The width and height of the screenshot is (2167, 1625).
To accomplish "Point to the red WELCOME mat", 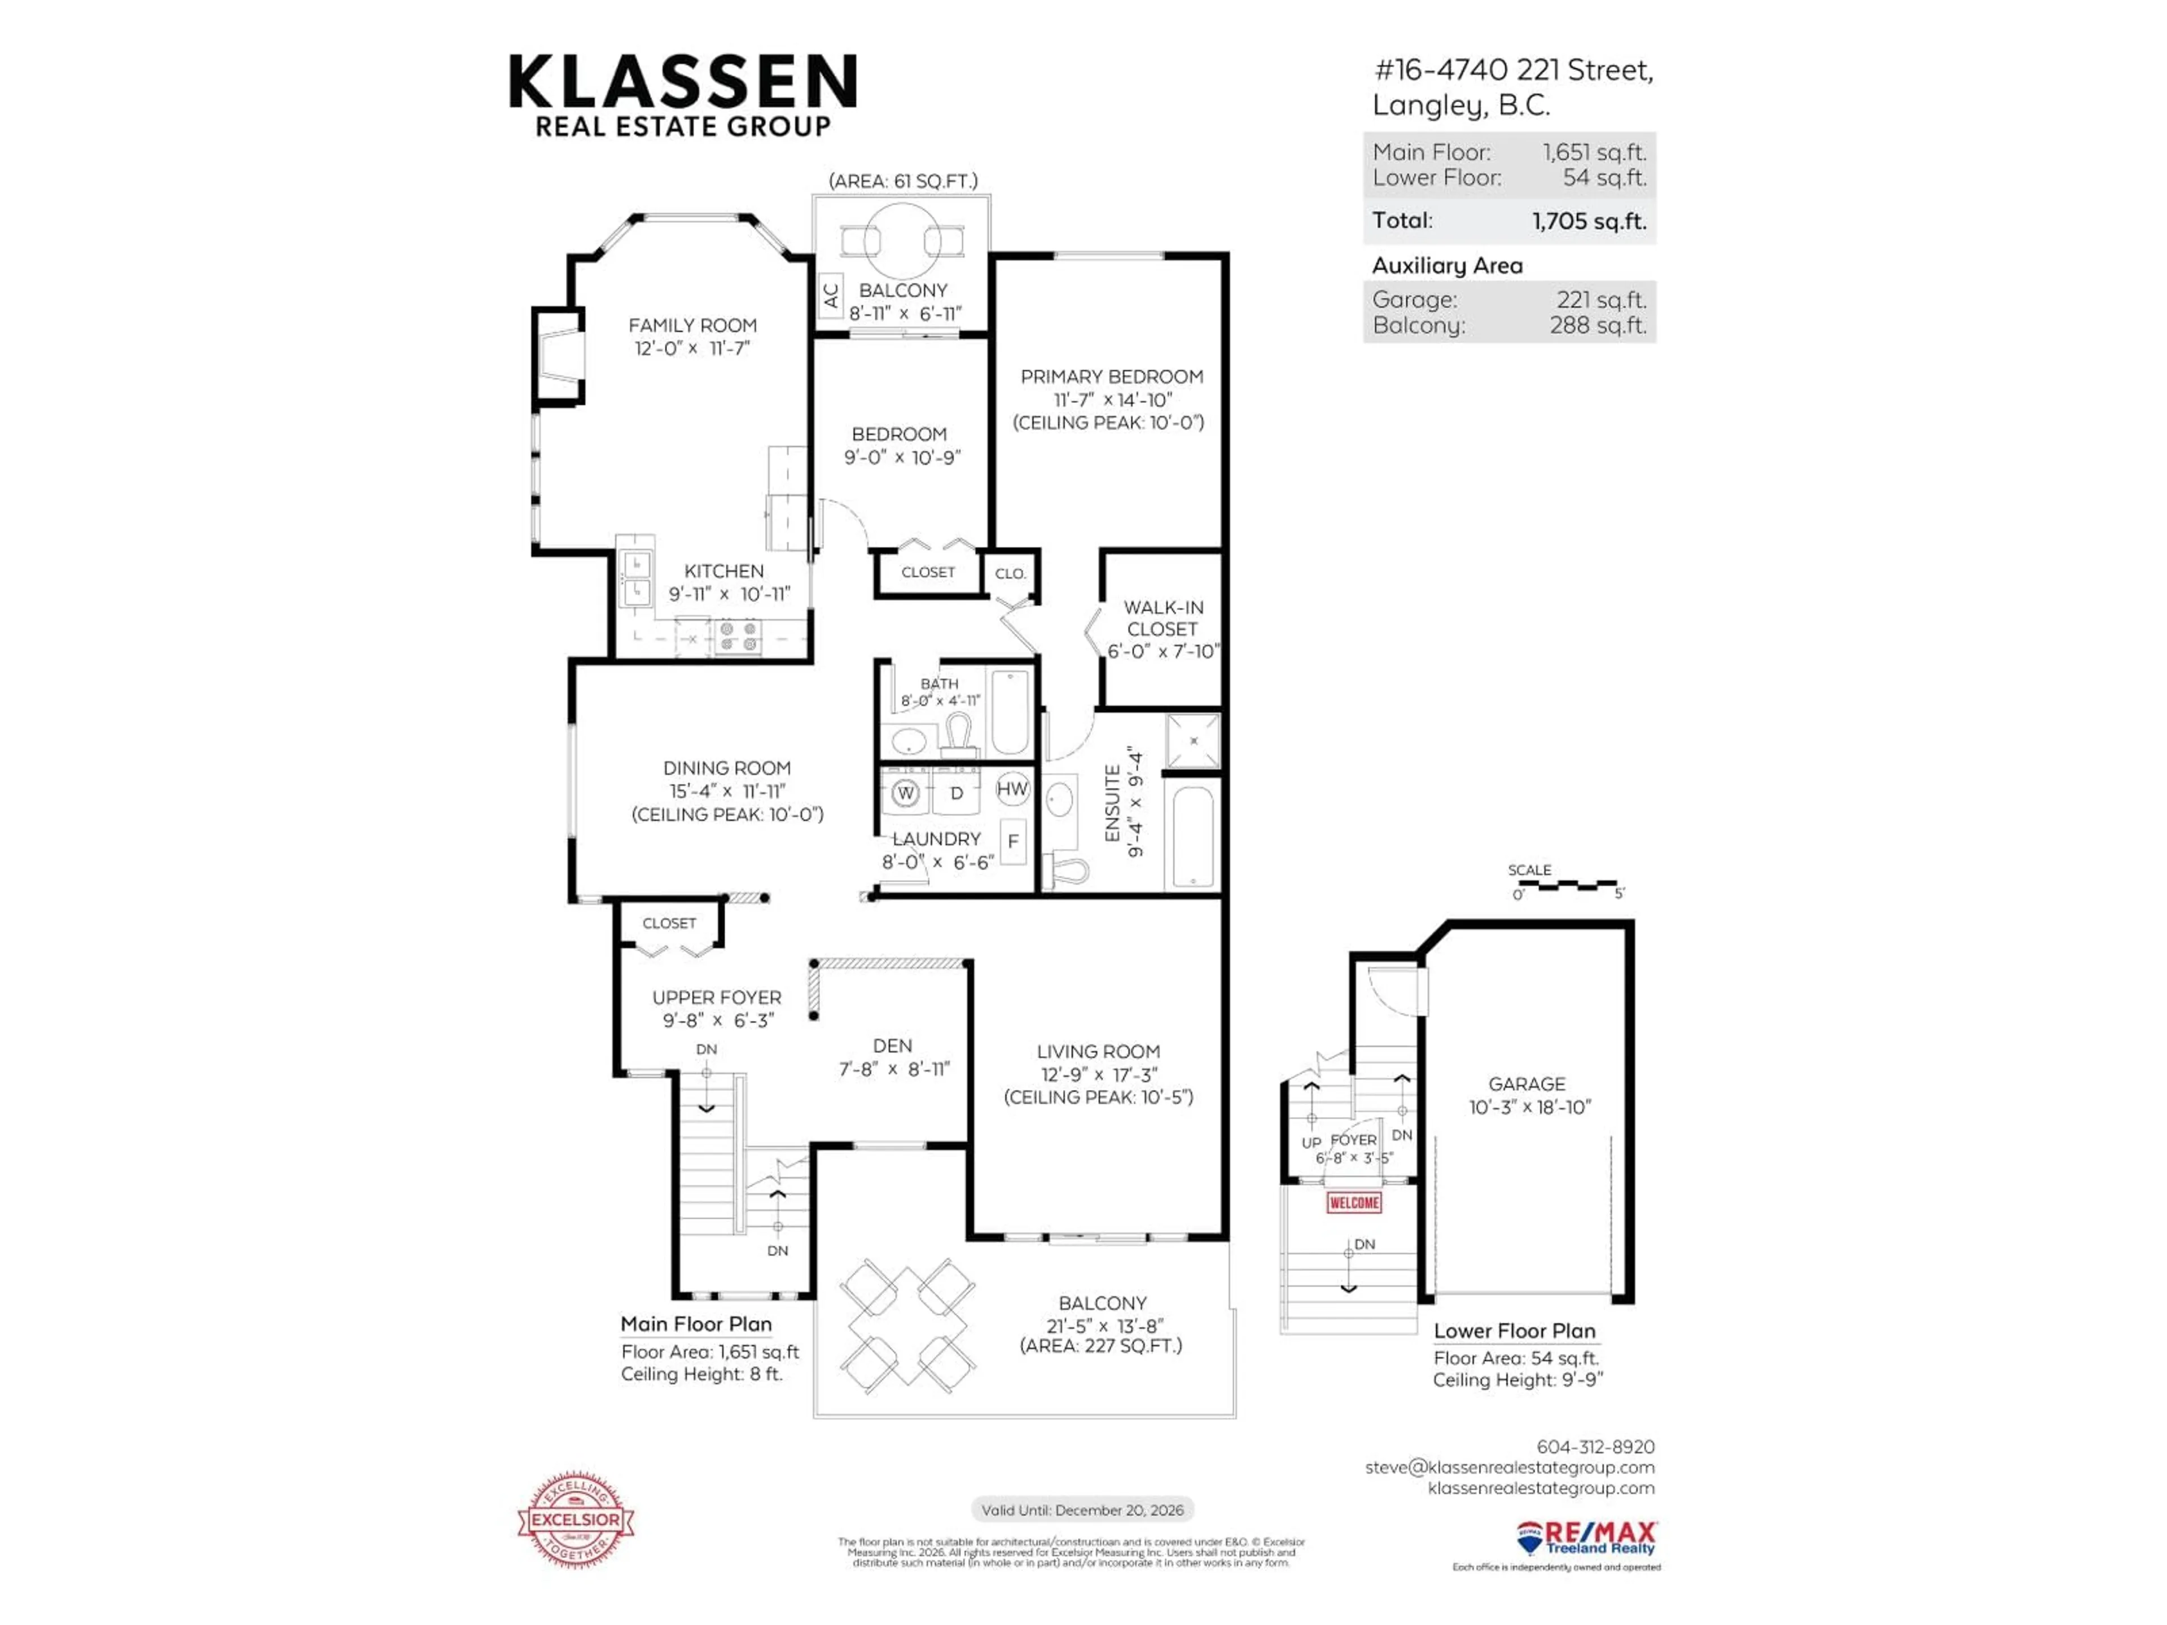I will pyautogui.click(x=1354, y=1203).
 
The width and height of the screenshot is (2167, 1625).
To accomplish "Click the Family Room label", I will pyautogui.click(x=692, y=325).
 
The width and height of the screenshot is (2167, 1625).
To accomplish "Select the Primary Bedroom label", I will pyautogui.click(x=1112, y=377).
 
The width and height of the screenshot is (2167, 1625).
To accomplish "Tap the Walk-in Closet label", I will pyautogui.click(x=1163, y=618).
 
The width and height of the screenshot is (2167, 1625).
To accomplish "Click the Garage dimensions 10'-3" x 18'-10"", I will pyautogui.click(x=1529, y=1107).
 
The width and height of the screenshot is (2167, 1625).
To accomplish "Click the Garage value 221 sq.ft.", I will pyautogui.click(x=1602, y=300).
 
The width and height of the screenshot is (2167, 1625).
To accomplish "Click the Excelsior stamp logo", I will pyautogui.click(x=576, y=1519).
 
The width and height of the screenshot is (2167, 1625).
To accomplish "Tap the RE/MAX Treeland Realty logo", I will pyautogui.click(x=1586, y=1539).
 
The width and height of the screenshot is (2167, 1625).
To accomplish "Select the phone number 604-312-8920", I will pyautogui.click(x=1595, y=1447).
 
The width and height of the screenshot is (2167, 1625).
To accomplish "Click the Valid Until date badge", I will pyautogui.click(x=1082, y=1509).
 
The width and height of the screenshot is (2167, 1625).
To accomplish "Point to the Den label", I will pyautogui.click(x=892, y=1046).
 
